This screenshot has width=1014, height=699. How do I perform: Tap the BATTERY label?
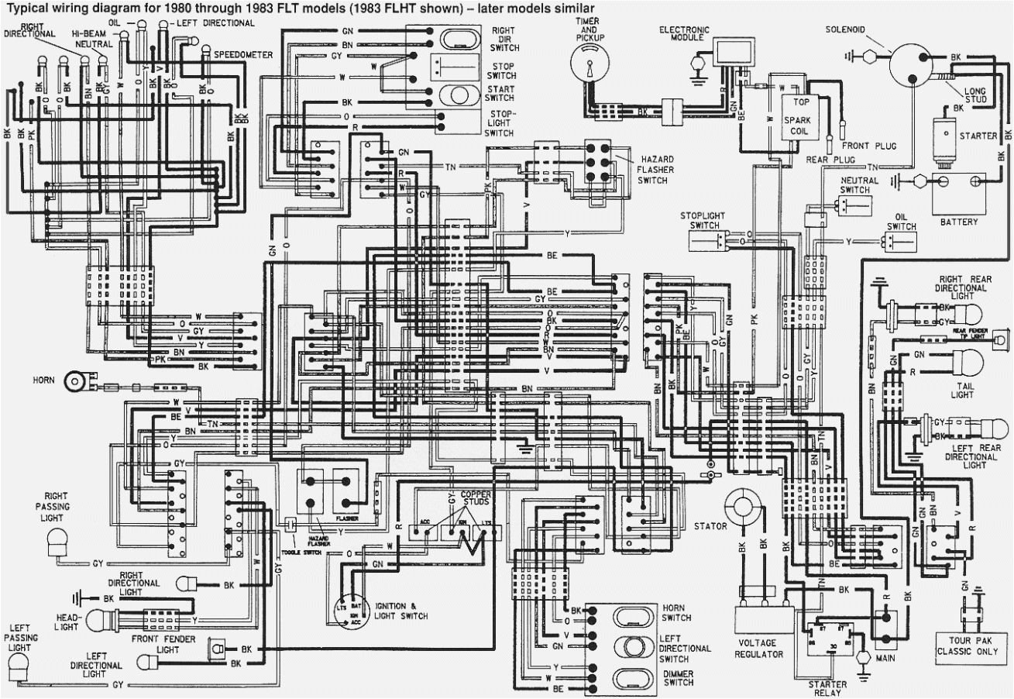point(958,222)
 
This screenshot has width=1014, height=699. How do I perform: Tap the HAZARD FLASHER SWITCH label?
point(653,169)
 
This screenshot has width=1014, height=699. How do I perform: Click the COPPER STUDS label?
point(475,499)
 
